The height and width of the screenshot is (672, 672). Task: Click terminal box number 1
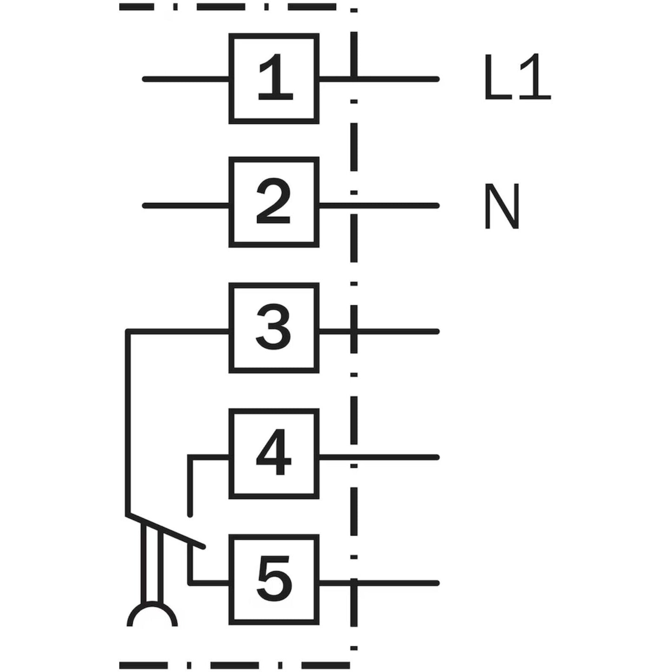(274, 79)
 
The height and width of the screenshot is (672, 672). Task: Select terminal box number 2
(274, 202)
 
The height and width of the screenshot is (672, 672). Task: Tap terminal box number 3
(274, 328)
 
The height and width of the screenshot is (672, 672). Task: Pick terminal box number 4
(274, 454)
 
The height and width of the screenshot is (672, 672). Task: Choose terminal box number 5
(274, 580)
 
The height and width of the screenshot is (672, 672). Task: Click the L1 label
(517, 78)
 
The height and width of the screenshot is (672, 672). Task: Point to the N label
(501, 206)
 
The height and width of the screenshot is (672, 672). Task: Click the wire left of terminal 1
(186, 79)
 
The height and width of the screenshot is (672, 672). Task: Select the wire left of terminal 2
(186, 205)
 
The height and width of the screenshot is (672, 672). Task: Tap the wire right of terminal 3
(395, 332)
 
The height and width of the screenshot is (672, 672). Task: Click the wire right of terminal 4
(395, 458)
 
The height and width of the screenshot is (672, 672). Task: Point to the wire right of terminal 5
(395, 583)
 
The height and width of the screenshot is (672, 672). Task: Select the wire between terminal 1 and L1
(395, 79)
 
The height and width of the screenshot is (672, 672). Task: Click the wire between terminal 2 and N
(395, 205)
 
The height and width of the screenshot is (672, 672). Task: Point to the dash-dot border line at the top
(228, 7)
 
